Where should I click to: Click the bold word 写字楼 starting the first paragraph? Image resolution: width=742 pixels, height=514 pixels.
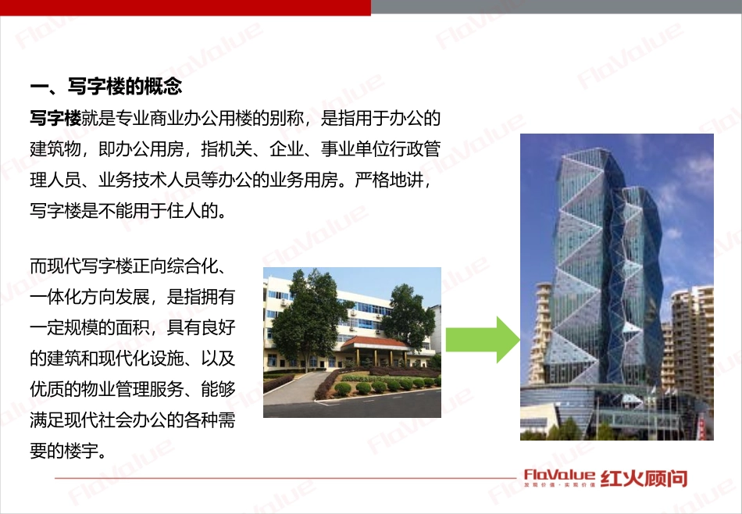click(x=55, y=118)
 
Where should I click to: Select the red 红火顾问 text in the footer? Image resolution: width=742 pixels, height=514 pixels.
click(x=645, y=477)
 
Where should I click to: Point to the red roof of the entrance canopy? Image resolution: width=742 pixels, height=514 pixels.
click(x=374, y=342)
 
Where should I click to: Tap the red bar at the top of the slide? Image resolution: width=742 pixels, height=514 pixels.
click(x=185, y=7)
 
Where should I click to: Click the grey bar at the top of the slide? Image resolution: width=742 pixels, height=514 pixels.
click(x=556, y=7)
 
